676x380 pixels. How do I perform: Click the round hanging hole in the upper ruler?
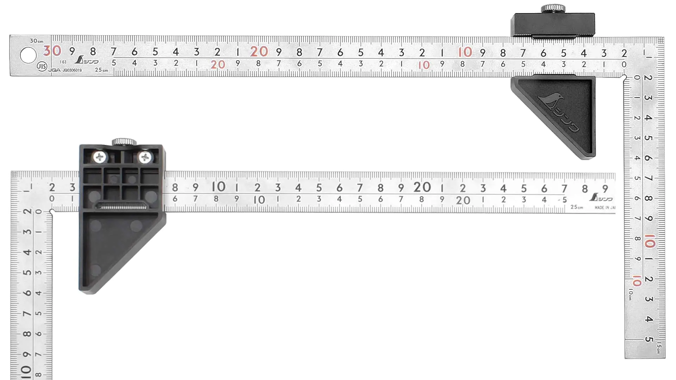(x=28, y=55)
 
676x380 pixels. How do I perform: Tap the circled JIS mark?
(x=42, y=66)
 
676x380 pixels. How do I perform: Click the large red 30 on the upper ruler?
(x=52, y=51)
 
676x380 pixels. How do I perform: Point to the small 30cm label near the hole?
(x=37, y=41)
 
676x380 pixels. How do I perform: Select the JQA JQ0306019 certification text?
(x=65, y=70)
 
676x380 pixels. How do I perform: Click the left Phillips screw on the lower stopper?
(x=100, y=157)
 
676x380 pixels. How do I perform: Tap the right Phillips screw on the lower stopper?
(x=145, y=157)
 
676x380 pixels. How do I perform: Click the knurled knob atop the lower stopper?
(x=124, y=142)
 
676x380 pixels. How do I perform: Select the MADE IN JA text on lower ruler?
(x=605, y=208)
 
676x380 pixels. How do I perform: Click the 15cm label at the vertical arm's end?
(x=659, y=348)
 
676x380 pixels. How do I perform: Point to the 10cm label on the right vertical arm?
(x=630, y=294)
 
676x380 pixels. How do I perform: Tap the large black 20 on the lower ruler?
(x=422, y=187)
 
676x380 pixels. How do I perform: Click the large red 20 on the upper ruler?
(x=259, y=52)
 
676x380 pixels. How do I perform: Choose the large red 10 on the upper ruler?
(x=465, y=52)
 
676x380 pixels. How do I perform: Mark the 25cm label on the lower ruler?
(x=577, y=207)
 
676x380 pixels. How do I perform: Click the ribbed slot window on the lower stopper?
(x=122, y=207)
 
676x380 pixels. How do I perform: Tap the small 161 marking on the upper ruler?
(x=63, y=62)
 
